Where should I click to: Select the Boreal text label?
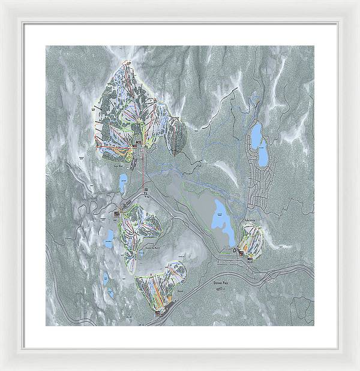[180, 296]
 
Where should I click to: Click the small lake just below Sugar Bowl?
[122, 183]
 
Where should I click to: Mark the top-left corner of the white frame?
[2, 2]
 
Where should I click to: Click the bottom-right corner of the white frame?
[358, 369]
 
